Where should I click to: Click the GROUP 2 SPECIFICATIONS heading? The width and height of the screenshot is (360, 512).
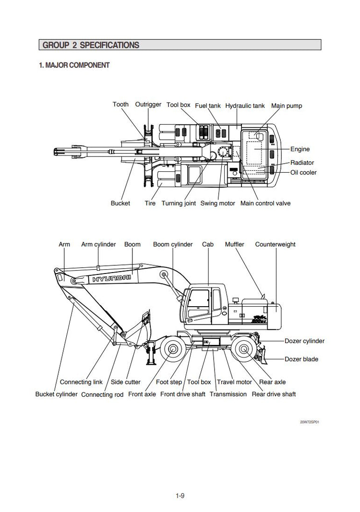click(91, 46)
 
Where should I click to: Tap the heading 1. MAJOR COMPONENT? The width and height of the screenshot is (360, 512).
click(74, 65)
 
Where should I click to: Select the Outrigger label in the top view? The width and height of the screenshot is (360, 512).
click(148, 105)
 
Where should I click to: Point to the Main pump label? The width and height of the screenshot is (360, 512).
click(287, 106)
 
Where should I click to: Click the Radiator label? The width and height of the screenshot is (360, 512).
click(302, 163)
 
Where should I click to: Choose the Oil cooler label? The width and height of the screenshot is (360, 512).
click(303, 172)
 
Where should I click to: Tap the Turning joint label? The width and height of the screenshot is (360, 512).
click(179, 203)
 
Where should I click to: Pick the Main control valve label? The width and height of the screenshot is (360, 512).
click(265, 203)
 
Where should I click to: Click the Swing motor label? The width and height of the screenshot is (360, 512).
click(217, 203)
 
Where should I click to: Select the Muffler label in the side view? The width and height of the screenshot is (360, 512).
click(234, 244)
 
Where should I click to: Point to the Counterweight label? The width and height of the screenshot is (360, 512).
click(275, 244)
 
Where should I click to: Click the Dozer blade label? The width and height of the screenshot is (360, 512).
click(301, 359)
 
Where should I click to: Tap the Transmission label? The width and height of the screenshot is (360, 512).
click(228, 394)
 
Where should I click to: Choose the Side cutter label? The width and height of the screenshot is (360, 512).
click(126, 382)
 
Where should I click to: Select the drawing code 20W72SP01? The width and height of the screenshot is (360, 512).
click(310, 422)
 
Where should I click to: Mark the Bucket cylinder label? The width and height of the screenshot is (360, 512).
click(56, 394)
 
